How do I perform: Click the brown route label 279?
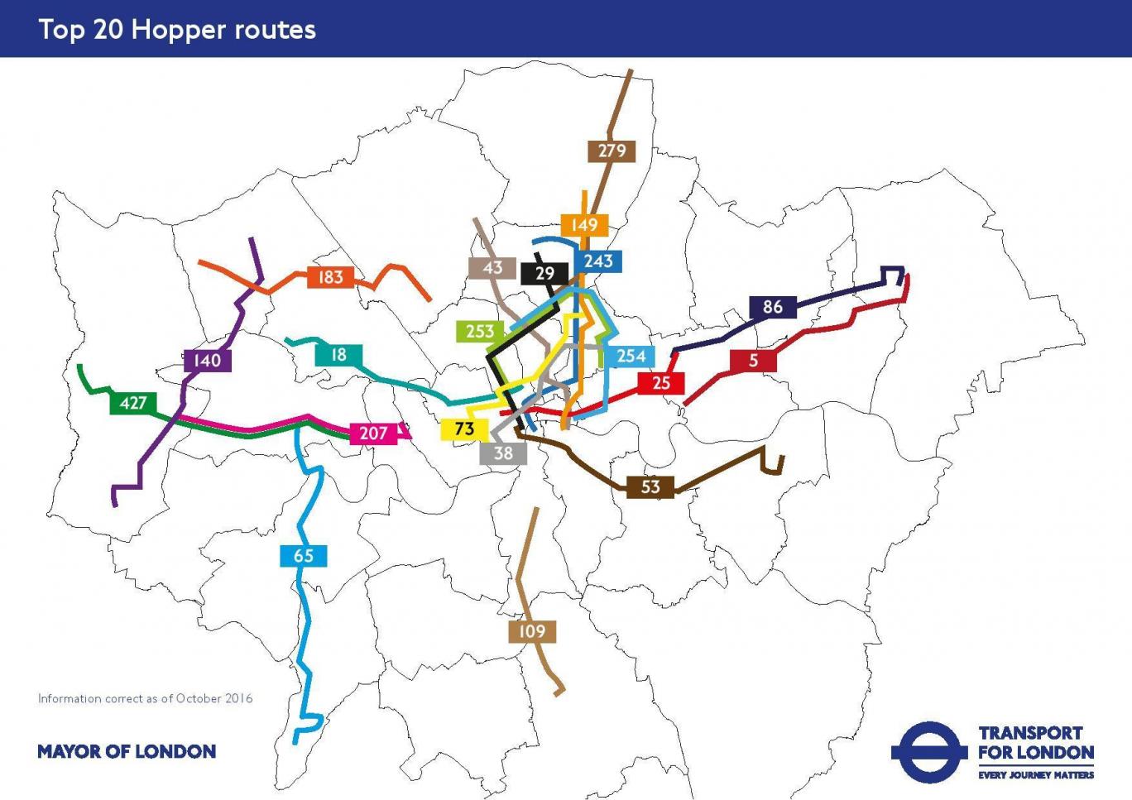point(612,151)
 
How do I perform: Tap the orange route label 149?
point(584,225)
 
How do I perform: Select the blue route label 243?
point(598,261)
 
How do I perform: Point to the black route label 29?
point(544,274)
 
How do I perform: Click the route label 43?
point(492,268)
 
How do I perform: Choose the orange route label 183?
point(330,277)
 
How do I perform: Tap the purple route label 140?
point(207,361)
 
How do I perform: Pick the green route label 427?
point(133,403)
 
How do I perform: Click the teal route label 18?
point(338,355)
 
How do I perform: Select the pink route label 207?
point(373,434)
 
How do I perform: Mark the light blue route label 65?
point(304,556)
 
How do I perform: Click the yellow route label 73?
point(464,429)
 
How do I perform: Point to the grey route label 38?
point(503,453)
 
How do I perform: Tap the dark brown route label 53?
point(650,487)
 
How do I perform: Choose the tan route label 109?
point(532,632)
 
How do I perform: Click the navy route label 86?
point(772,307)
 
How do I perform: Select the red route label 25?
point(661,383)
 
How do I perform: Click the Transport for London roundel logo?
point(928,752)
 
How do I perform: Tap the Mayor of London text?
point(127,752)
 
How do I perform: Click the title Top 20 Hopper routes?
point(177,30)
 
